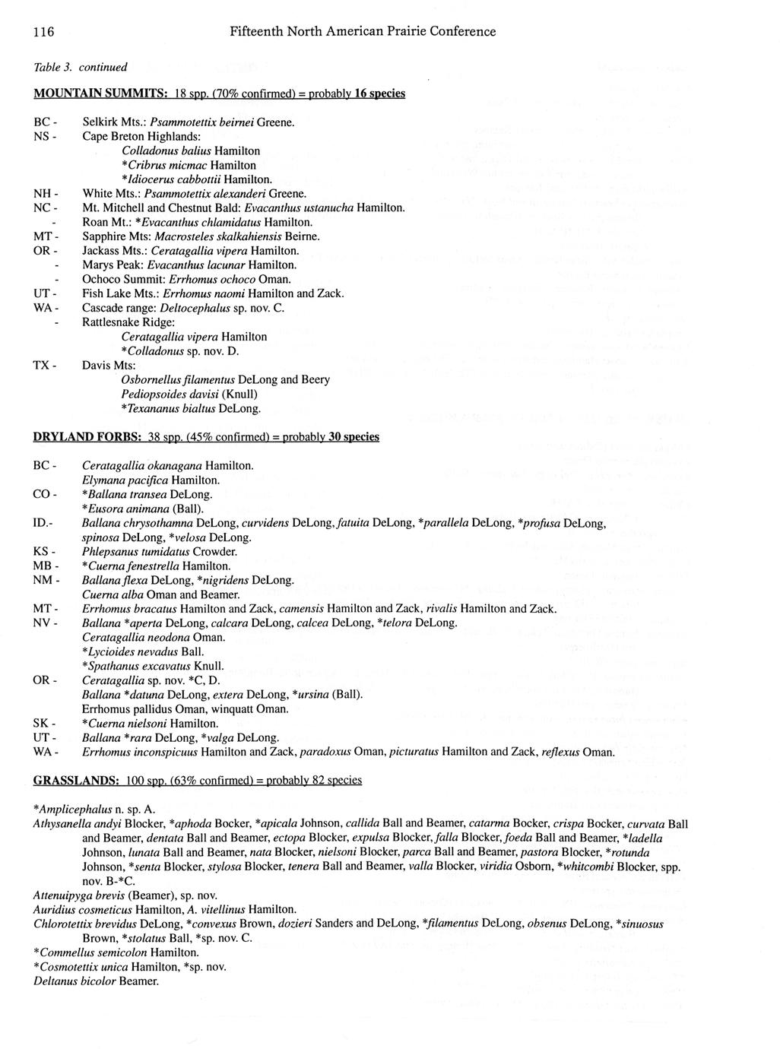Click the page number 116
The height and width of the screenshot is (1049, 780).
(43, 32)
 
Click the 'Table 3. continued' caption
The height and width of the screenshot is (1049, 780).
(80, 67)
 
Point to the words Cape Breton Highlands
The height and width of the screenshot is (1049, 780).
(141, 136)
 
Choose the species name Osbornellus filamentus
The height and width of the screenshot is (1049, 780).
(178, 379)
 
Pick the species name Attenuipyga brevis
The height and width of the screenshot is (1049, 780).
(79, 895)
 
